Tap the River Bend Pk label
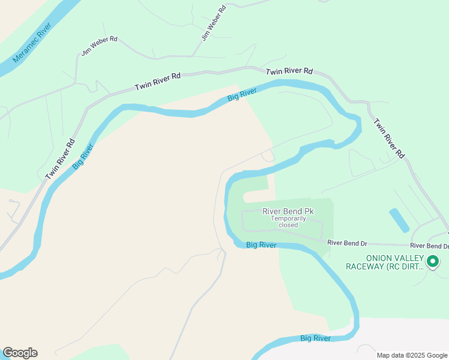coord(288,211)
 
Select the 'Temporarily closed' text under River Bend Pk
coord(288,221)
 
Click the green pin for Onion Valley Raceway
coord(432,262)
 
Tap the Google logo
coord(20,353)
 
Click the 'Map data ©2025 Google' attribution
coord(412,355)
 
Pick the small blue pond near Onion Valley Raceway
coord(399,220)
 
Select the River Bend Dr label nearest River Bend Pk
coord(347,242)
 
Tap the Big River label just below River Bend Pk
coord(261,245)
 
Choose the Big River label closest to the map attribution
coord(315,338)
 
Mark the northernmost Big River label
coord(242,95)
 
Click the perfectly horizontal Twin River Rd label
coord(289,71)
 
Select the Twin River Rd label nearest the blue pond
coord(390,138)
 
